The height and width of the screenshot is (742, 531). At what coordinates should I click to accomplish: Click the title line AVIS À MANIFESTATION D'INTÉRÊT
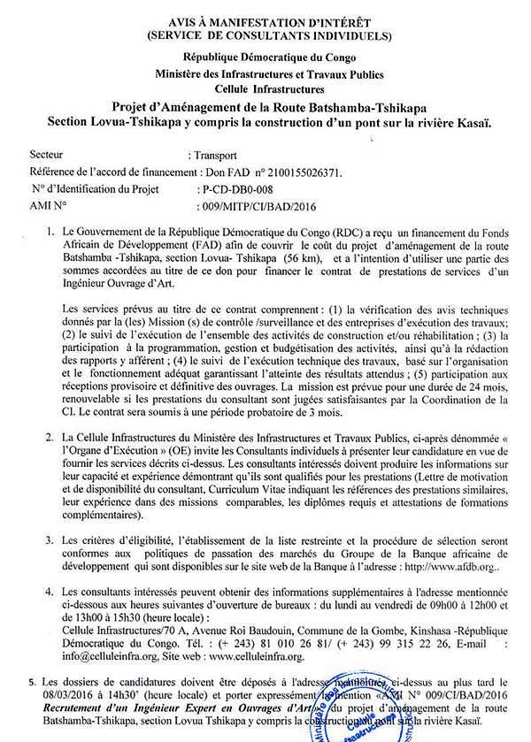(266, 21)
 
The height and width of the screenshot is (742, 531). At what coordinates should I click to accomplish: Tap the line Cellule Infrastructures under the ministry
(265, 90)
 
